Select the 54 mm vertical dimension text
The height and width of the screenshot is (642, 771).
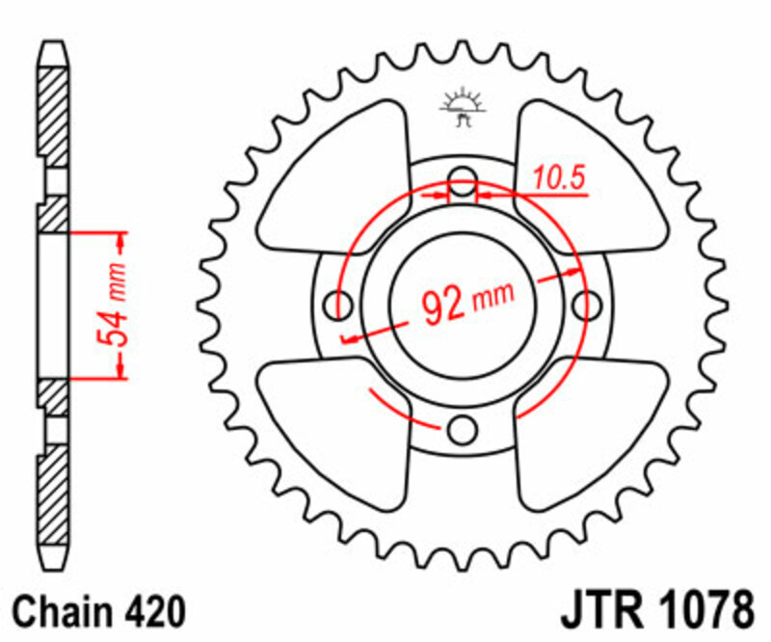tap(114, 305)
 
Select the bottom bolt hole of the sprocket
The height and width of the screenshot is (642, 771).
tap(464, 428)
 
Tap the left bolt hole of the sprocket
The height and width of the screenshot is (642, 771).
tap(339, 305)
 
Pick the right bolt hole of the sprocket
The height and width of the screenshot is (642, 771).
tap(586, 305)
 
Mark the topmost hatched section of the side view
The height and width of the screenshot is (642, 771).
tap(54, 106)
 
